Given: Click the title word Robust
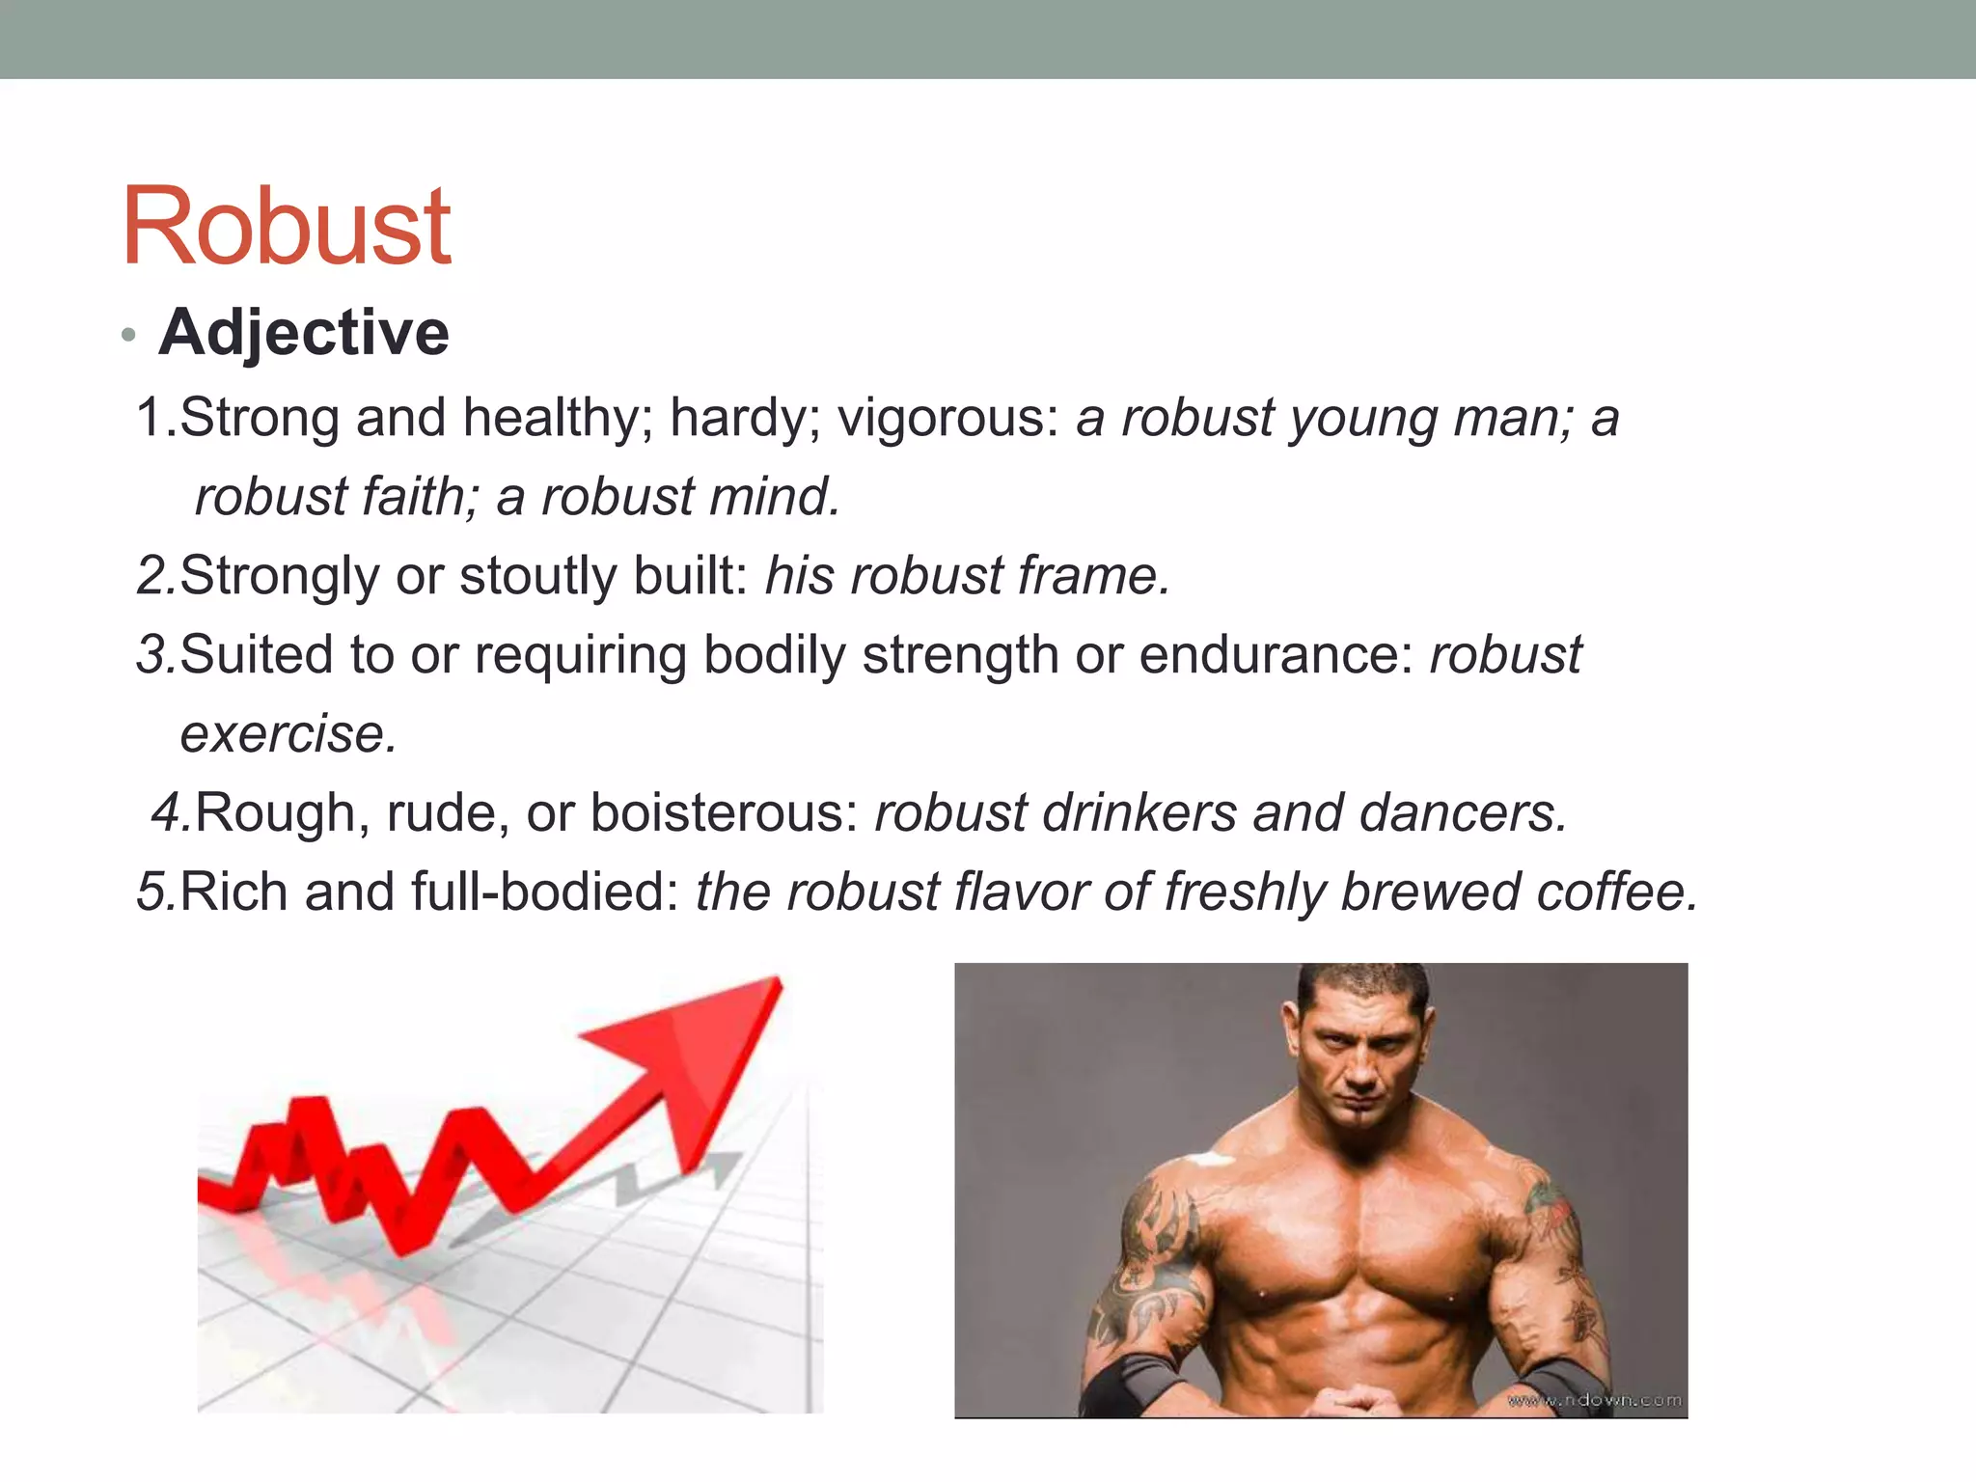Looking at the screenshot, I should click(287, 228).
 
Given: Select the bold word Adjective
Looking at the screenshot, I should click(304, 333).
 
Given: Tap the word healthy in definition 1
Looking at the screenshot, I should click(557, 420).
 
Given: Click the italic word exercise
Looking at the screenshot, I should click(288, 734).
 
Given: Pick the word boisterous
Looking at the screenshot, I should click(724, 813).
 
